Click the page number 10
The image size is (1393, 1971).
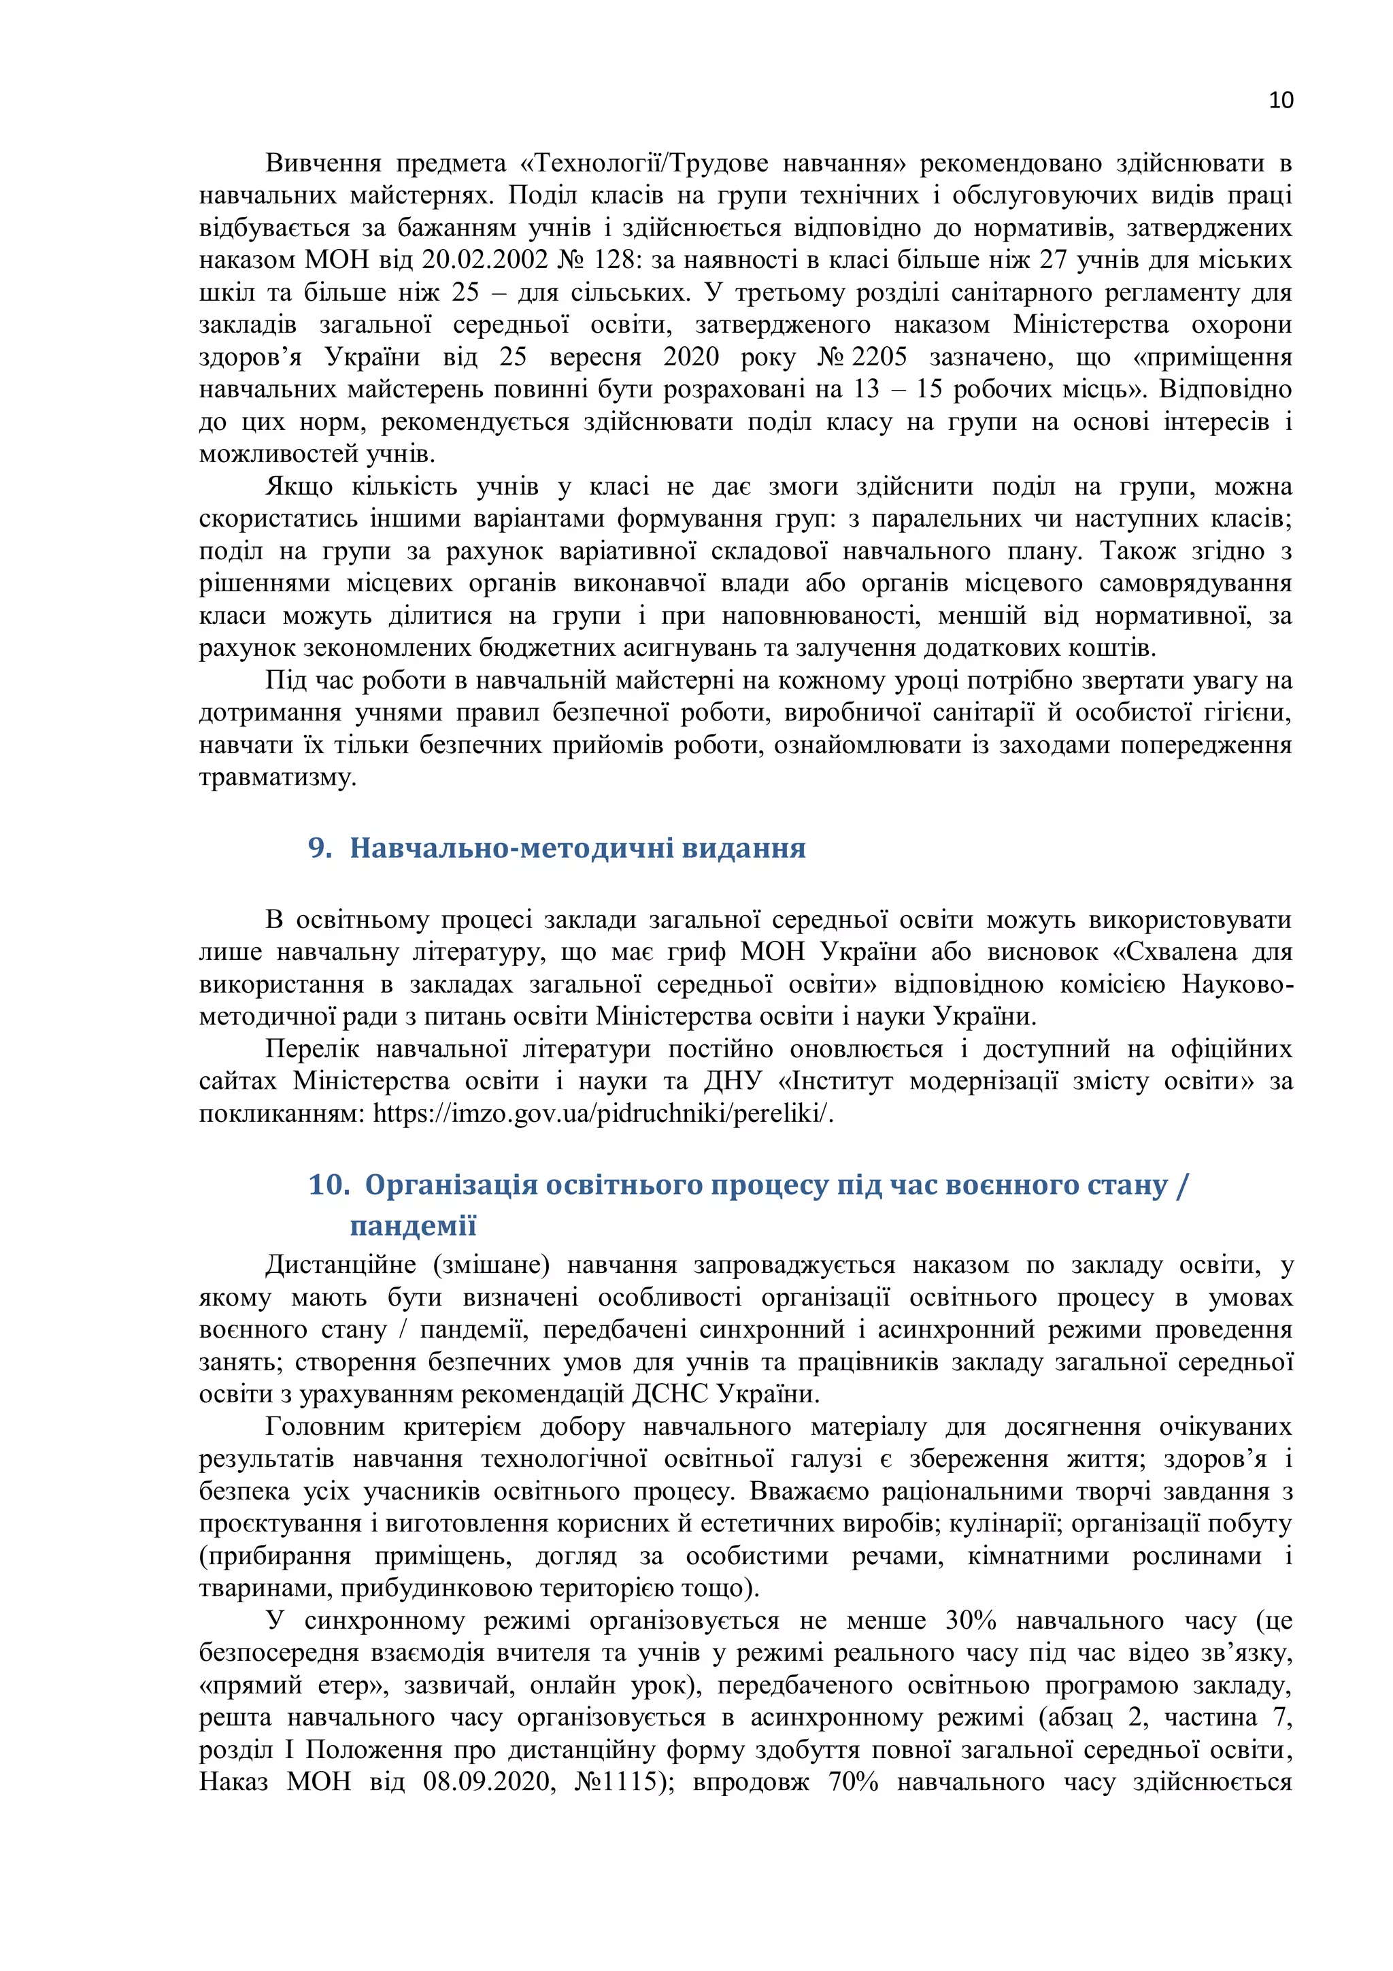1279,101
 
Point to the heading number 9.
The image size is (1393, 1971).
319,848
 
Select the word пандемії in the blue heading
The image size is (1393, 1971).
413,1225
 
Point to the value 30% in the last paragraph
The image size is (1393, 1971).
970,1621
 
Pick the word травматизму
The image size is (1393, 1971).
278,778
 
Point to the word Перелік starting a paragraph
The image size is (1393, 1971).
312,1049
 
